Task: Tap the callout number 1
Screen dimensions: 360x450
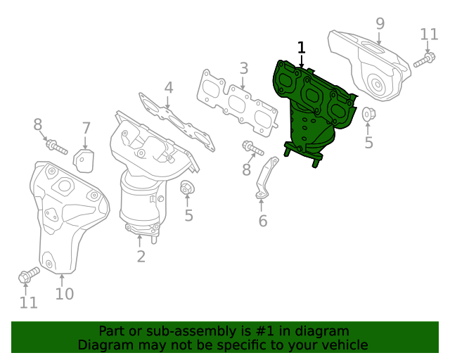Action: [302, 48]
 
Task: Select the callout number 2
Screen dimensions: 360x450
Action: [141, 257]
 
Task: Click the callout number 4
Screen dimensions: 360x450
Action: [169, 88]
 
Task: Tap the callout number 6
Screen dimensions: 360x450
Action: [262, 221]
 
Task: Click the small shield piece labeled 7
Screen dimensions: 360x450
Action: [84, 160]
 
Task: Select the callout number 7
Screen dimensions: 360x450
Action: [86, 128]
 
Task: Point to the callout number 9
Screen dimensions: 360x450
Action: [380, 23]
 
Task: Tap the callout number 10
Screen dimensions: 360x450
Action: [64, 294]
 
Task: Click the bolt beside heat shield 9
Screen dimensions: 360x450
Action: [424, 60]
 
